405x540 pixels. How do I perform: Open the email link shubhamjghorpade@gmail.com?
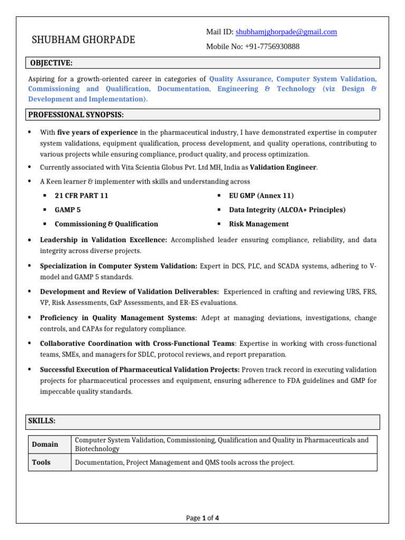point(286,32)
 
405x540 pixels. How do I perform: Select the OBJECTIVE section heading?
point(51,63)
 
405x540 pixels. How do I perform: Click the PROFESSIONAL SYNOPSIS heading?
point(76,114)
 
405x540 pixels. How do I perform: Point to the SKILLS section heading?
point(42,421)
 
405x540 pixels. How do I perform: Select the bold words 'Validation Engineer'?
point(283,167)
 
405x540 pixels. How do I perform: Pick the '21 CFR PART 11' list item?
point(81,196)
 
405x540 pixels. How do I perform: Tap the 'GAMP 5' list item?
point(67,210)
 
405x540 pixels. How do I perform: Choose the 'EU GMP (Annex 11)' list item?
point(261,196)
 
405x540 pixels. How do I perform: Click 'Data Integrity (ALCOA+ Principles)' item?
point(287,210)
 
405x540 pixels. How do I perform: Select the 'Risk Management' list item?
point(258,224)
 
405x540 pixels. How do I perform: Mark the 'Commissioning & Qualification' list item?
point(106,224)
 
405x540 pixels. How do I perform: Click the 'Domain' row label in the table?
point(45,445)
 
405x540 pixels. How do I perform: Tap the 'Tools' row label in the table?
point(41,462)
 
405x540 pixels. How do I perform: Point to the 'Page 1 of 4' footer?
point(202,518)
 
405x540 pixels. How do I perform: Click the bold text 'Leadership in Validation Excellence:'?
point(103,240)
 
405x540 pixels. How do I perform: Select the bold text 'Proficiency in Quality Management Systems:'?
point(119,318)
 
